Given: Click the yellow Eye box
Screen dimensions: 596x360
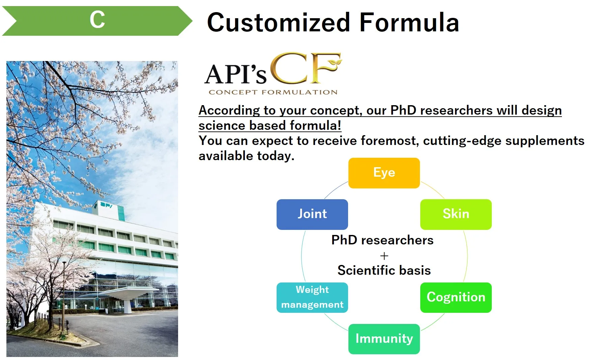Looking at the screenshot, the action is [x=384, y=173].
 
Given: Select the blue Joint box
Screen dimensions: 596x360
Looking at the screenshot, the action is [x=312, y=214].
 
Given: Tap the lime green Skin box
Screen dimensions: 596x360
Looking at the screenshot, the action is [x=456, y=214].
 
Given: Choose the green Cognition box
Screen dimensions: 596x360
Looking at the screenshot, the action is [x=456, y=298].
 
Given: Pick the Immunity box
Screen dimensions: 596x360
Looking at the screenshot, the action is [x=384, y=339].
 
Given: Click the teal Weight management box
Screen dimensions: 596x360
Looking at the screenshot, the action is [x=312, y=298].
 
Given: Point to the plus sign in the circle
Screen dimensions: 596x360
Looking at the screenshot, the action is [x=384, y=256].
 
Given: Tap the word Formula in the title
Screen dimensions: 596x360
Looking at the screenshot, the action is [x=409, y=22].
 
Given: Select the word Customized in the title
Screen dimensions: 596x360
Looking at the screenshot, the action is [x=279, y=22].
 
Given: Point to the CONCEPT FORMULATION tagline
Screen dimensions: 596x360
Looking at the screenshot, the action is [x=273, y=92].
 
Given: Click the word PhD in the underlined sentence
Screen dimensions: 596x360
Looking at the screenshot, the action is [x=403, y=110].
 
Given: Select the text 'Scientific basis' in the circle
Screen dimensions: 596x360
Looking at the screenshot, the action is [x=384, y=270].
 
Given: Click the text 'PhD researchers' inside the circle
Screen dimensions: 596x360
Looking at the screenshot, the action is [x=382, y=240].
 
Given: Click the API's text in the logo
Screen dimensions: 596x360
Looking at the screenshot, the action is [x=235, y=74].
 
